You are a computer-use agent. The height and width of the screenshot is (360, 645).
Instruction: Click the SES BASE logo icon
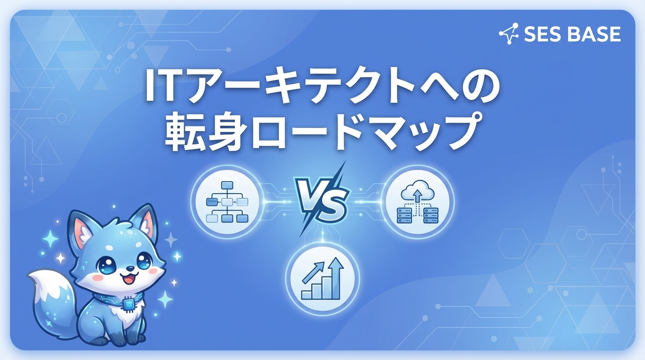(x=509, y=34)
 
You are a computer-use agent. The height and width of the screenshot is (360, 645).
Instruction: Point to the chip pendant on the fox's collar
(x=127, y=305)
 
